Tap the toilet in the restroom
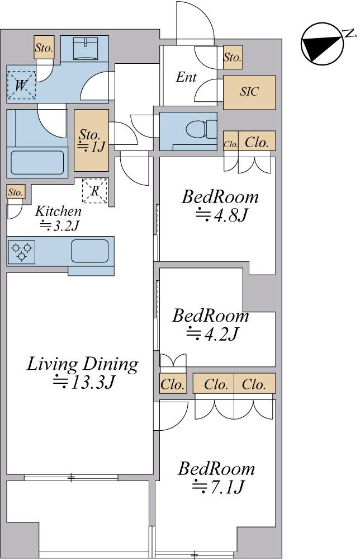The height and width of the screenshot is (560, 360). pyautogui.click(x=201, y=129)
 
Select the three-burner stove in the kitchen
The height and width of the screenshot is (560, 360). pyautogui.click(x=21, y=252)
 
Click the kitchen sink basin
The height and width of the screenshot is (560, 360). pyautogui.click(x=89, y=251)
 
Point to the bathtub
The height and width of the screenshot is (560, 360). pyautogui.click(x=37, y=163)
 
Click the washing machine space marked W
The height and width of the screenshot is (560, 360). pyautogui.click(x=21, y=85)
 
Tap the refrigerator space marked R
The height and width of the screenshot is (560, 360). pyautogui.click(x=94, y=191)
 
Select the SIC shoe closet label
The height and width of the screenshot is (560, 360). pyautogui.click(x=249, y=92)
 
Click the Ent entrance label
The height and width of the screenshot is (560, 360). pyautogui.click(x=186, y=77)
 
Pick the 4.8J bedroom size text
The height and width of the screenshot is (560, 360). pyautogui.click(x=221, y=215)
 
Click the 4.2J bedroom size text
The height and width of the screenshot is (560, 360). pyautogui.click(x=212, y=333)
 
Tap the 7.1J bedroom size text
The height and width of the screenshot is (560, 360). pyautogui.click(x=218, y=486)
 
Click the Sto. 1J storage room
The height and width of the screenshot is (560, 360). pyautogui.click(x=91, y=140)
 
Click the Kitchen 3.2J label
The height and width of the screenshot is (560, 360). pyautogui.click(x=58, y=218)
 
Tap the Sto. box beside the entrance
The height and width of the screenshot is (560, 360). pyautogui.click(x=233, y=57)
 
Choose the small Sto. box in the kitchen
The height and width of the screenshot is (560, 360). pyautogui.click(x=16, y=192)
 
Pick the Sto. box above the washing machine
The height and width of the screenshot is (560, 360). pyautogui.click(x=44, y=47)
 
